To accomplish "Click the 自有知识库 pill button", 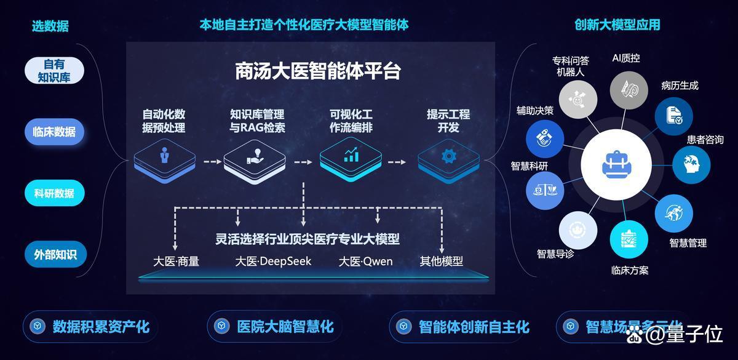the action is coord(54,71).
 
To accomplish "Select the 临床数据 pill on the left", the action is coord(54,132).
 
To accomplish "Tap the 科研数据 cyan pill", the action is coord(54,193).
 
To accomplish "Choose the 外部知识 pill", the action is coord(55,254).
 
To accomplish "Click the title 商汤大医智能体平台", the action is coord(317,71).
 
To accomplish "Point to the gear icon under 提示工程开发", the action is coord(449,156).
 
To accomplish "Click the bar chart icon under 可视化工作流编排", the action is coord(351,154).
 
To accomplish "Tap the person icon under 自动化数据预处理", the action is coord(164,155).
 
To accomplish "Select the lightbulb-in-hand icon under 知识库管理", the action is coord(255,156).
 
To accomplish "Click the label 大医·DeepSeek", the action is coord(273,262).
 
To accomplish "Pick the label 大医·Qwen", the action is coord(366,262).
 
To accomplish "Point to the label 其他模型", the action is coord(441,262).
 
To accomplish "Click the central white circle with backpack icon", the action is coord(616,164).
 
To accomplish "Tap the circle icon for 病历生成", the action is coord(674,116).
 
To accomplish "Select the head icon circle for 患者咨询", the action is coord(691,165).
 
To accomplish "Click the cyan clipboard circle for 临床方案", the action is coord(629,239).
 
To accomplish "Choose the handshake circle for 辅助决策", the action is coord(545,138).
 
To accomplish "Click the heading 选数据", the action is coord(50,26).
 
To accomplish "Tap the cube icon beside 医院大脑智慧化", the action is coord(221,326).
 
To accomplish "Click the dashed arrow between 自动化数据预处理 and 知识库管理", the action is coord(212,161).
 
